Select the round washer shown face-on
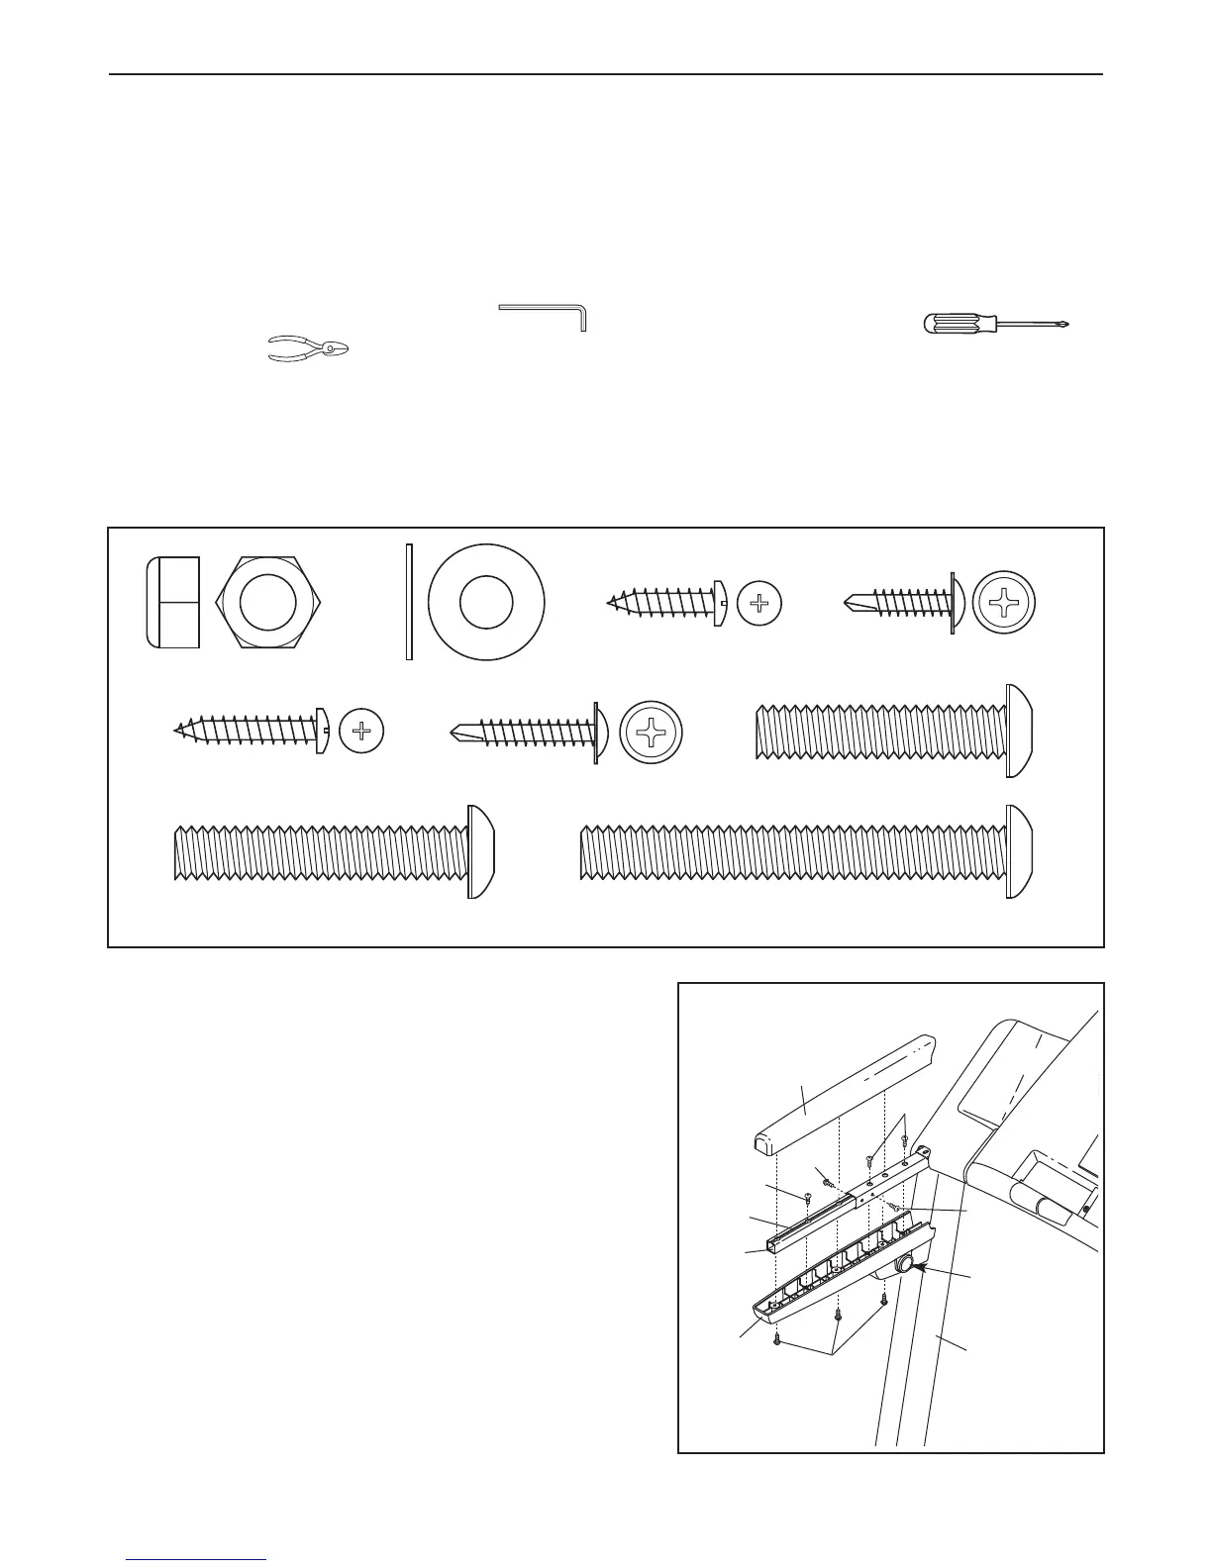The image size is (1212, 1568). click(x=486, y=601)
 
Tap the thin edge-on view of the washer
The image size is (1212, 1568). click(x=407, y=601)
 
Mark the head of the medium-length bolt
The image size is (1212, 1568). click(x=480, y=852)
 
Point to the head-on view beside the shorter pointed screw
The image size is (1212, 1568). click(x=759, y=602)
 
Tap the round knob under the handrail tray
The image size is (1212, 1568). click(x=903, y=1266)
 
